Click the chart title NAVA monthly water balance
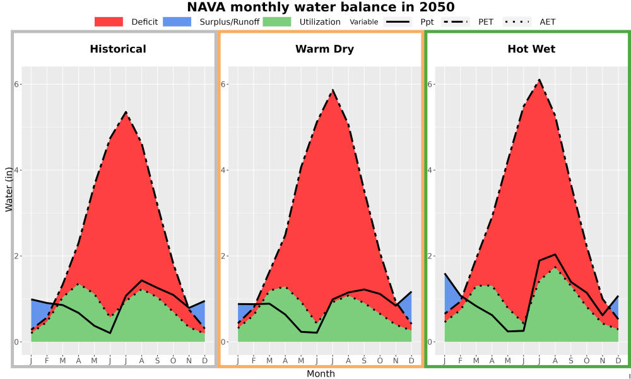tap(321, 7)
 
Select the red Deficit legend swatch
tap(109, 21)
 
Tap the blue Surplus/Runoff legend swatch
tap(177, 21)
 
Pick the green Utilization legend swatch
tap(277, 21)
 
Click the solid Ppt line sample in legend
tap(397, 21)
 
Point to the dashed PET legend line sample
tap(455, 21)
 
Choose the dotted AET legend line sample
tap(517, 21)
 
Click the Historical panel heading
tap(118, 49)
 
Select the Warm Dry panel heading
tap(325, 49)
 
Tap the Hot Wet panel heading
tap(531, 49)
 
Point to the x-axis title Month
tap(321, 374)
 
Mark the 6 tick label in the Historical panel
tap(17, 84)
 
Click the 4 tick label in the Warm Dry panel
tap(224, 170)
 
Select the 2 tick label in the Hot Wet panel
tap(430, 256)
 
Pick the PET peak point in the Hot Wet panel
tap(540, 80)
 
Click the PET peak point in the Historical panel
tap(126, 112)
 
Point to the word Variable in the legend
tap(364, 21)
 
